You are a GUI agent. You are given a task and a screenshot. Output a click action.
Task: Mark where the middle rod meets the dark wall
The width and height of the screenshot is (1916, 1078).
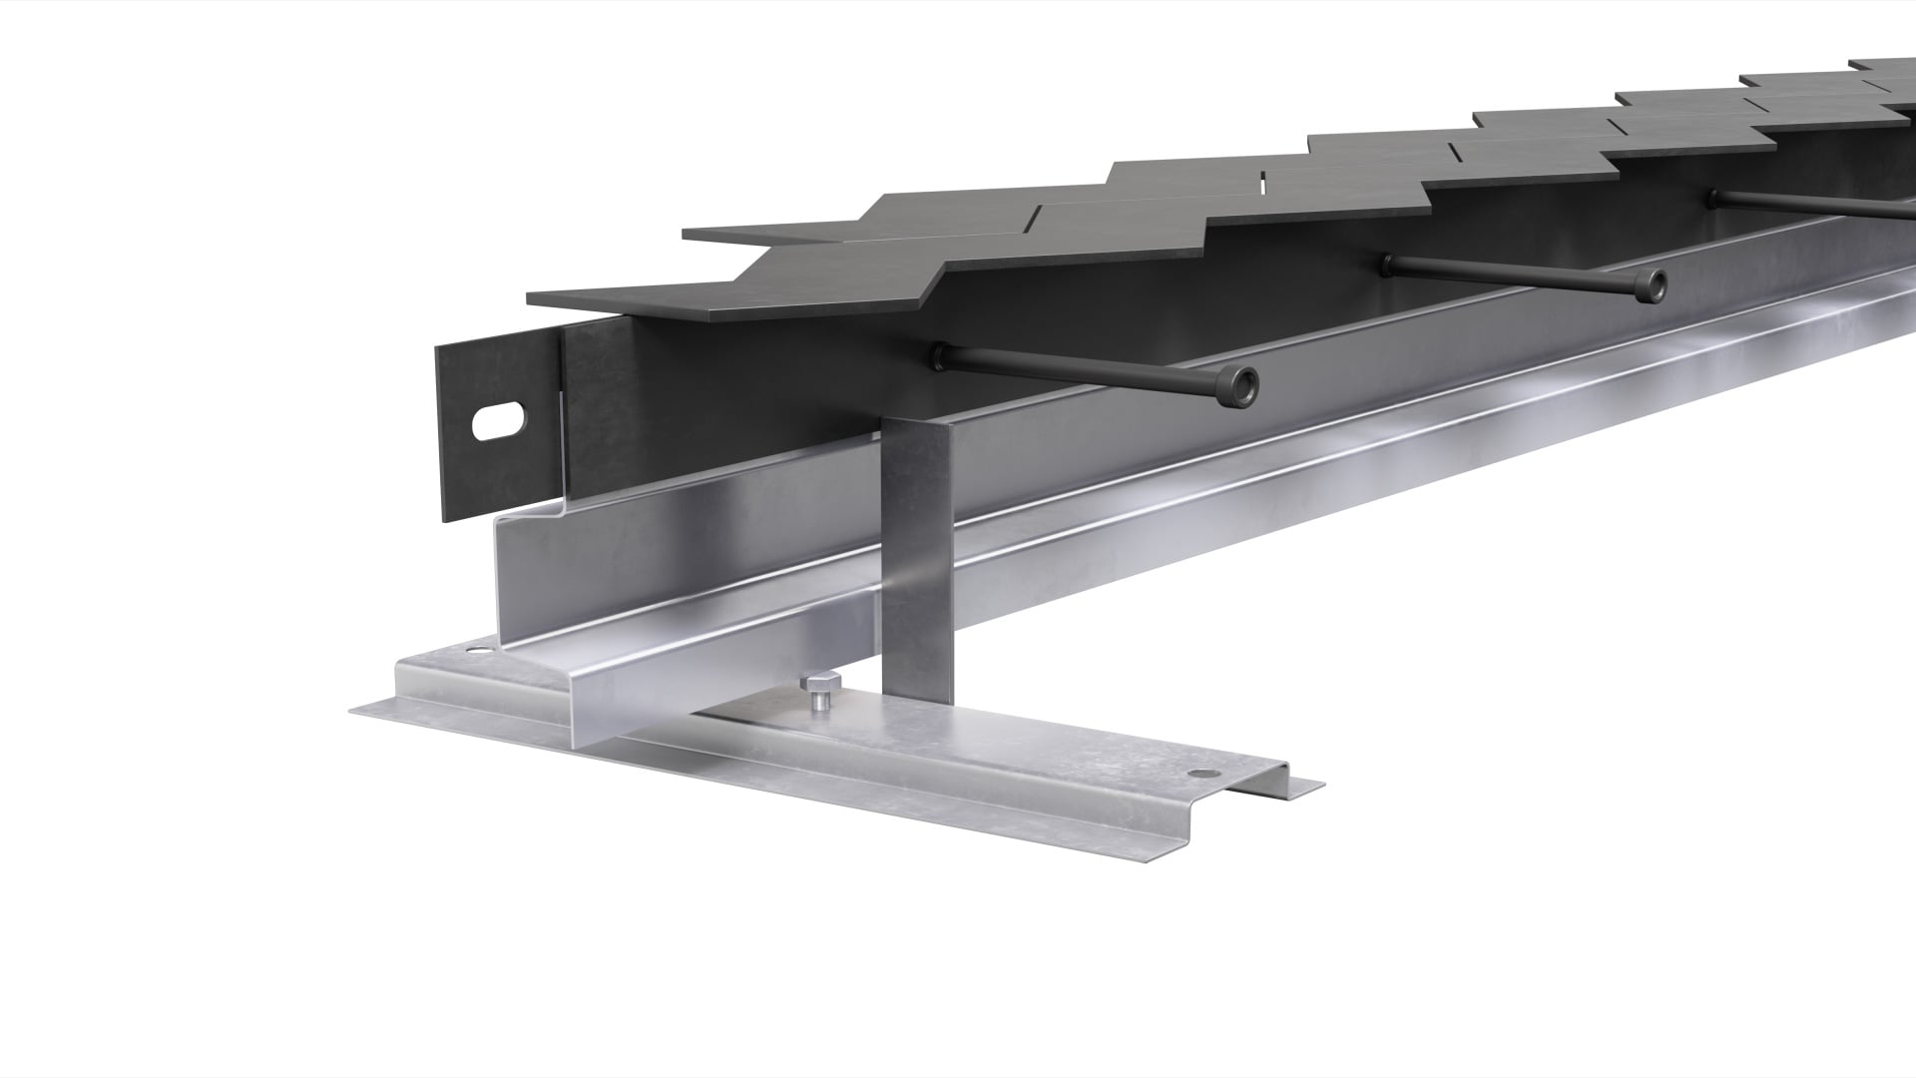(1388, 262)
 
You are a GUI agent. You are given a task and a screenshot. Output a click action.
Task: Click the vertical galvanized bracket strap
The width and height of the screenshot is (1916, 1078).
(916, 559)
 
